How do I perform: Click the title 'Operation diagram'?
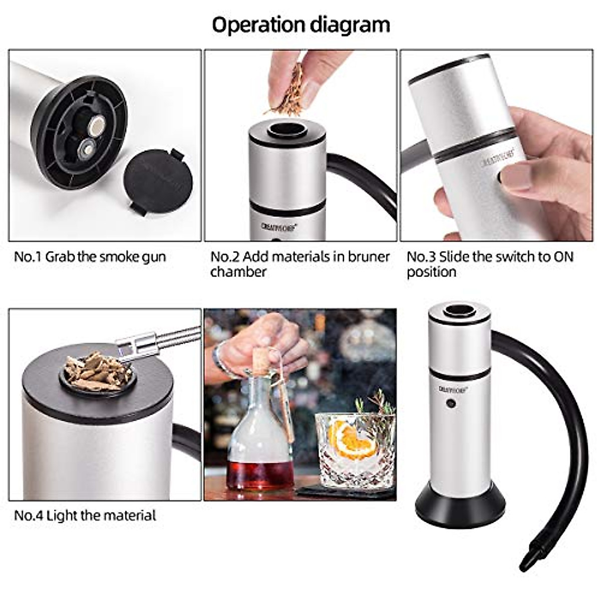tap(300, 24)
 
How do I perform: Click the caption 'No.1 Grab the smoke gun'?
tap(90, 257)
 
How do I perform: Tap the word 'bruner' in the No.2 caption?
tap(369, 257)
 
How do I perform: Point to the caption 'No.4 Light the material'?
tap(85, 515)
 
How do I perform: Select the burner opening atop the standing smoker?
tap(457, 312)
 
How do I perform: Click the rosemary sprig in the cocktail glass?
tap(373, 411)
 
